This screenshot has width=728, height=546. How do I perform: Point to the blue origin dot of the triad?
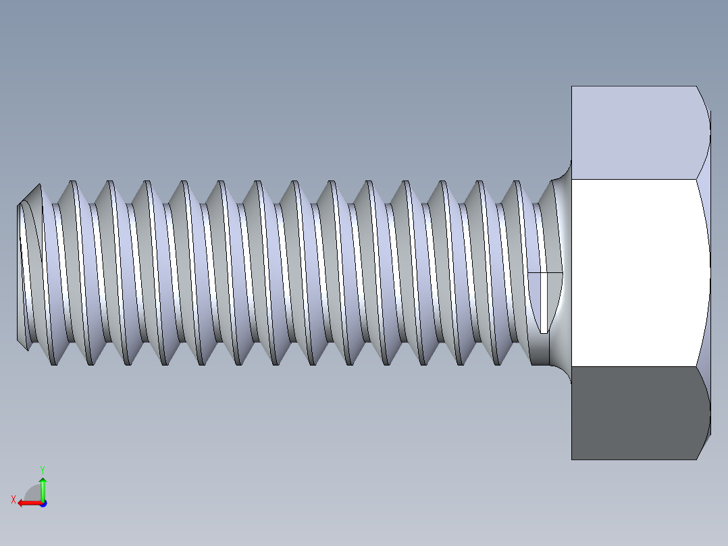pyautogui.click(x=43, y=503)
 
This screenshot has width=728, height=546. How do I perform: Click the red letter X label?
pyautogui.click(x=13, y=499)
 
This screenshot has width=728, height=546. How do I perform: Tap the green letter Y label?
pyautogui.click(x=42, y=469)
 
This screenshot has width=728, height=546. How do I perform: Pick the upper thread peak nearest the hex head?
pyautogui.click(x=517, y=182)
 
